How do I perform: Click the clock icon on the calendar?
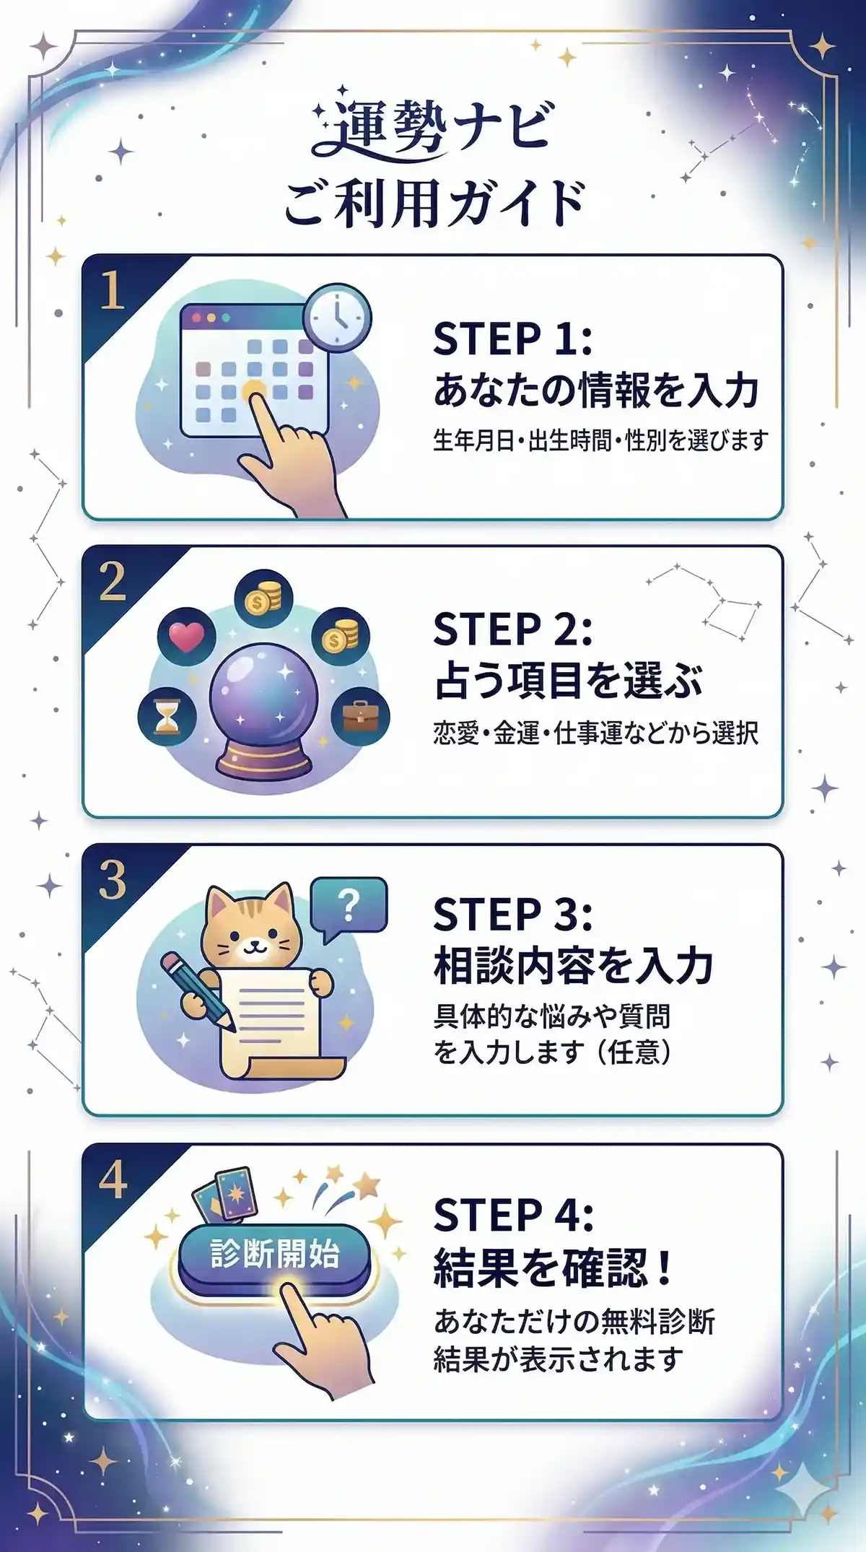click(x=337, y=318)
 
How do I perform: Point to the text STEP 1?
click(x=512, y=339)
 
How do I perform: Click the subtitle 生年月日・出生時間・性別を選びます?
click(x=600, y=440)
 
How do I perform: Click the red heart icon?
click(x=186, y=637)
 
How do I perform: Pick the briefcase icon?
click(x=360, y=716)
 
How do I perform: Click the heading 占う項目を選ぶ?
click(x=569, y=680)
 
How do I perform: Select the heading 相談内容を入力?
click(x=574, y=966)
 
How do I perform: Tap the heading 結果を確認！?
click(x=554, y=1267)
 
